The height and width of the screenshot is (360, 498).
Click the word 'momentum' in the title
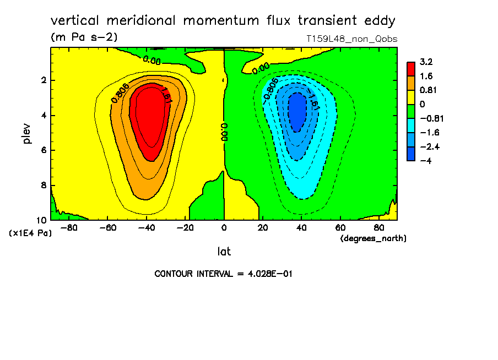tap(221, 20)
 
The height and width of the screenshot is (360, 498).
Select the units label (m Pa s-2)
tap(84, 37)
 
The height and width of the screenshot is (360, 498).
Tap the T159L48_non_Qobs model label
tap(351, 39)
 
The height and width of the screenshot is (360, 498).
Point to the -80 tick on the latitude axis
tap(69, 228)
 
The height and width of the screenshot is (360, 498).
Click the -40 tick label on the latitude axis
tap(147, 228)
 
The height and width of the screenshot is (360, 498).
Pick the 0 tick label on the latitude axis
tap(224, 228)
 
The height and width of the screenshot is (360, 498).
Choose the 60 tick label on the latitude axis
tap(340, 228)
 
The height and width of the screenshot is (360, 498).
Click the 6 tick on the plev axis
tap(44, 150)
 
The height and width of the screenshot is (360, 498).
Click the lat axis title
tap(224, 252)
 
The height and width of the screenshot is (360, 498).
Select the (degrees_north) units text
tap(373, 238)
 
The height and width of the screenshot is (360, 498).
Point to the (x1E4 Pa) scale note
tap(30, 233)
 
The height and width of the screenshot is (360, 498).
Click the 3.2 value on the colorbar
tap(426, 62)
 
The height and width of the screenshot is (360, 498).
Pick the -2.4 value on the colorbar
tap(430, 146)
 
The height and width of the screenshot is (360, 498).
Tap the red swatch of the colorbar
tap(411, 69)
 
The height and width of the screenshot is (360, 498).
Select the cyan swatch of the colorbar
tap(411, 126)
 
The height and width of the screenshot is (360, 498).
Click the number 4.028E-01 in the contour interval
tap(269, 274)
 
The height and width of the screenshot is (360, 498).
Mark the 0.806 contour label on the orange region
tap(120, 93)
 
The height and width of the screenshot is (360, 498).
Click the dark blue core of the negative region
tap(297, 112)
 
